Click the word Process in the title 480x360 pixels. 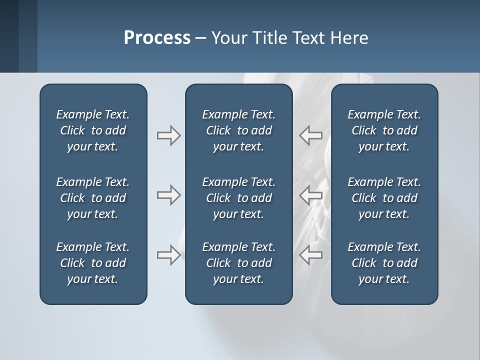click(x=157, y=38)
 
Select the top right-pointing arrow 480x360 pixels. click(x=168, y=135)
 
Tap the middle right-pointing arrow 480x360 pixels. click(x=168, y=194)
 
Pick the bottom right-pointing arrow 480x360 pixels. click(x=168, y=254)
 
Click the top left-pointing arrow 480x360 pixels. click(x=310, y=135)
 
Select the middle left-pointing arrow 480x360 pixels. click(x=310, y=194)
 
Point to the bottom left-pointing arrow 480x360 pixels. click(x=310, y=254)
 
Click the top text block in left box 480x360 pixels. click(x=93, y=130)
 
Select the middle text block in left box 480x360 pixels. click(x=93, y=198)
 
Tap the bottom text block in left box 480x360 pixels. click(x=93, y=263)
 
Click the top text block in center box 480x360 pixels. click(x=238, y=130)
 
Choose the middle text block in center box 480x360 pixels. click(x=238, y=198)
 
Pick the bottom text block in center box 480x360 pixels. click(x=238, y=263)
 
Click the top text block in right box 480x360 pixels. click(x=384, y=130)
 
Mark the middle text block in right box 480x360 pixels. click(x=384, y=198)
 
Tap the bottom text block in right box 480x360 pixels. click(x=384, y=263)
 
